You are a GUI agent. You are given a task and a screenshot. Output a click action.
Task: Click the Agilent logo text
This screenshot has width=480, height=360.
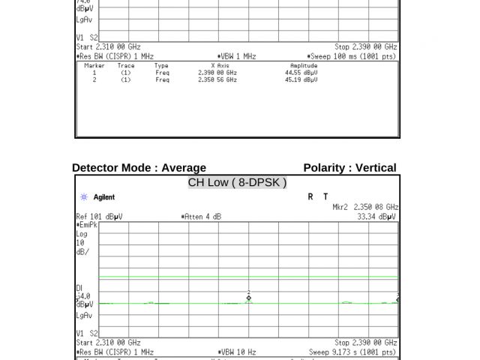pos(103,197)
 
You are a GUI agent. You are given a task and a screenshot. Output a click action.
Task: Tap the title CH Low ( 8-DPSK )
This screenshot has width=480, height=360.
pos(237,182)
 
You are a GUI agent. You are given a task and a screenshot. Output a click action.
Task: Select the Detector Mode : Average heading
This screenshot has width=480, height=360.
pos(139,168)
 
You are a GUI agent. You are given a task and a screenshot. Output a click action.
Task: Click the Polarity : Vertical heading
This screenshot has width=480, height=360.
pos(349,168)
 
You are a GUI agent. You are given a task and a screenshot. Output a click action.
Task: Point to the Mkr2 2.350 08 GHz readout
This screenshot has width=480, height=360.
pos(365,207)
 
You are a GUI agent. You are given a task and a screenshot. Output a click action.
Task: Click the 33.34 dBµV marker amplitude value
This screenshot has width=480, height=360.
pos(376,217)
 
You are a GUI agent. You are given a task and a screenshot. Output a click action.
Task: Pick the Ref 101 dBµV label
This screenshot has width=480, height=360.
pos(99,217)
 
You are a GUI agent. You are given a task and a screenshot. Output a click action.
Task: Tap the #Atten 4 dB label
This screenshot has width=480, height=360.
pos(201,217)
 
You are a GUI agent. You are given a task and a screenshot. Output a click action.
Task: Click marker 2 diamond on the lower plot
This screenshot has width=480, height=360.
pos(249,298)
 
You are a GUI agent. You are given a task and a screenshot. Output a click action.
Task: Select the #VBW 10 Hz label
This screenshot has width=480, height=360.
pos(236,352)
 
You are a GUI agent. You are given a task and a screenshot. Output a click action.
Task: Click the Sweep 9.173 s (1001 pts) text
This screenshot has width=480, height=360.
pos(352,352)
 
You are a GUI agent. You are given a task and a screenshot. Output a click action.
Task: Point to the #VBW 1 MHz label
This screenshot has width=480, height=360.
pos(236,56)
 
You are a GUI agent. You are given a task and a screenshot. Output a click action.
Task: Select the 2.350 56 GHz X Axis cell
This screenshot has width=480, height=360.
pos(217,79)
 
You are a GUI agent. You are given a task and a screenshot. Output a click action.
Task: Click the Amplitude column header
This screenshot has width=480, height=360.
pos(304,66)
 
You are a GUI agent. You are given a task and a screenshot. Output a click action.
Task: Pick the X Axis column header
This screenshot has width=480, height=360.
pos(218,66)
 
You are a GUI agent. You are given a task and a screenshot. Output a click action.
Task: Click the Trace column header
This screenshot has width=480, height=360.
pos(126,66)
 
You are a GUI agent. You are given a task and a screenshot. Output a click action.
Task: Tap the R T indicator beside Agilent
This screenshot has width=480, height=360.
pos(318,196)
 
